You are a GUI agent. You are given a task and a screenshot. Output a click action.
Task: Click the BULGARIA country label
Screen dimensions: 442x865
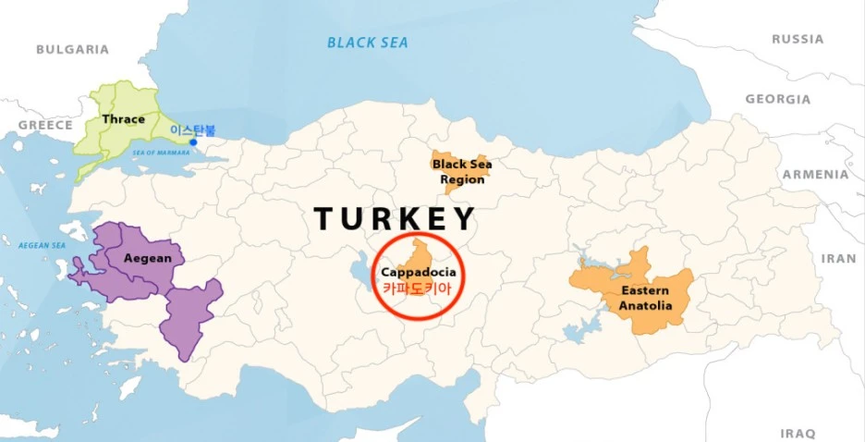(x=72, y=49)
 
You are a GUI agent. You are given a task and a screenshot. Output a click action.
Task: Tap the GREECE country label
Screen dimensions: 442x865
(x=44, y=125)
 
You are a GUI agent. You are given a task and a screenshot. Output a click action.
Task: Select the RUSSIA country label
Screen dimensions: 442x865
(x=797, y=40)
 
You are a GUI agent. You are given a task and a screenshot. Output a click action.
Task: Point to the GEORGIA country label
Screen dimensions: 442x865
(x=777, y=99)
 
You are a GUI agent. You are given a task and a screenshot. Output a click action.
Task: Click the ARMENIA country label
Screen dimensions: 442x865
(x=814, y=174)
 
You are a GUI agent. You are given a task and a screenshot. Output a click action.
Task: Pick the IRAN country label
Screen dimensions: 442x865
(x=837, y=259)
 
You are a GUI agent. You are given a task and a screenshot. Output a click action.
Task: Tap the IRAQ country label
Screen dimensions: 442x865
(x=798, y=433)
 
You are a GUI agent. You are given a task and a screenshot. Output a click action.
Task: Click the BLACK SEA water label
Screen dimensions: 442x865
(x=368, y=43)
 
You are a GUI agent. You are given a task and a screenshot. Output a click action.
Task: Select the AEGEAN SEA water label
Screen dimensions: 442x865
(x=43, y=245)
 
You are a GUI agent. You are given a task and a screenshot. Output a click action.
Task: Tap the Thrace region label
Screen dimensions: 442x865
(x=123, y=119)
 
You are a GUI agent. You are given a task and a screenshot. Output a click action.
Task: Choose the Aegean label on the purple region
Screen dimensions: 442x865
(x=148, y=258)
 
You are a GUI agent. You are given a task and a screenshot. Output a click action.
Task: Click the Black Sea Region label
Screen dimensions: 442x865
(x=462, y=172)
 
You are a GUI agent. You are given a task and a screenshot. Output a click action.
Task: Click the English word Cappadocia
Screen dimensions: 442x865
(x=419, y=273)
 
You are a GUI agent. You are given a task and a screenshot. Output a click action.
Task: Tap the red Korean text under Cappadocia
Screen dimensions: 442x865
(x=419, y=289)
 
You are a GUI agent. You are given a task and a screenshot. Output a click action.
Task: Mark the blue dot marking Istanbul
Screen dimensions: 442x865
(x=193, y=142)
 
